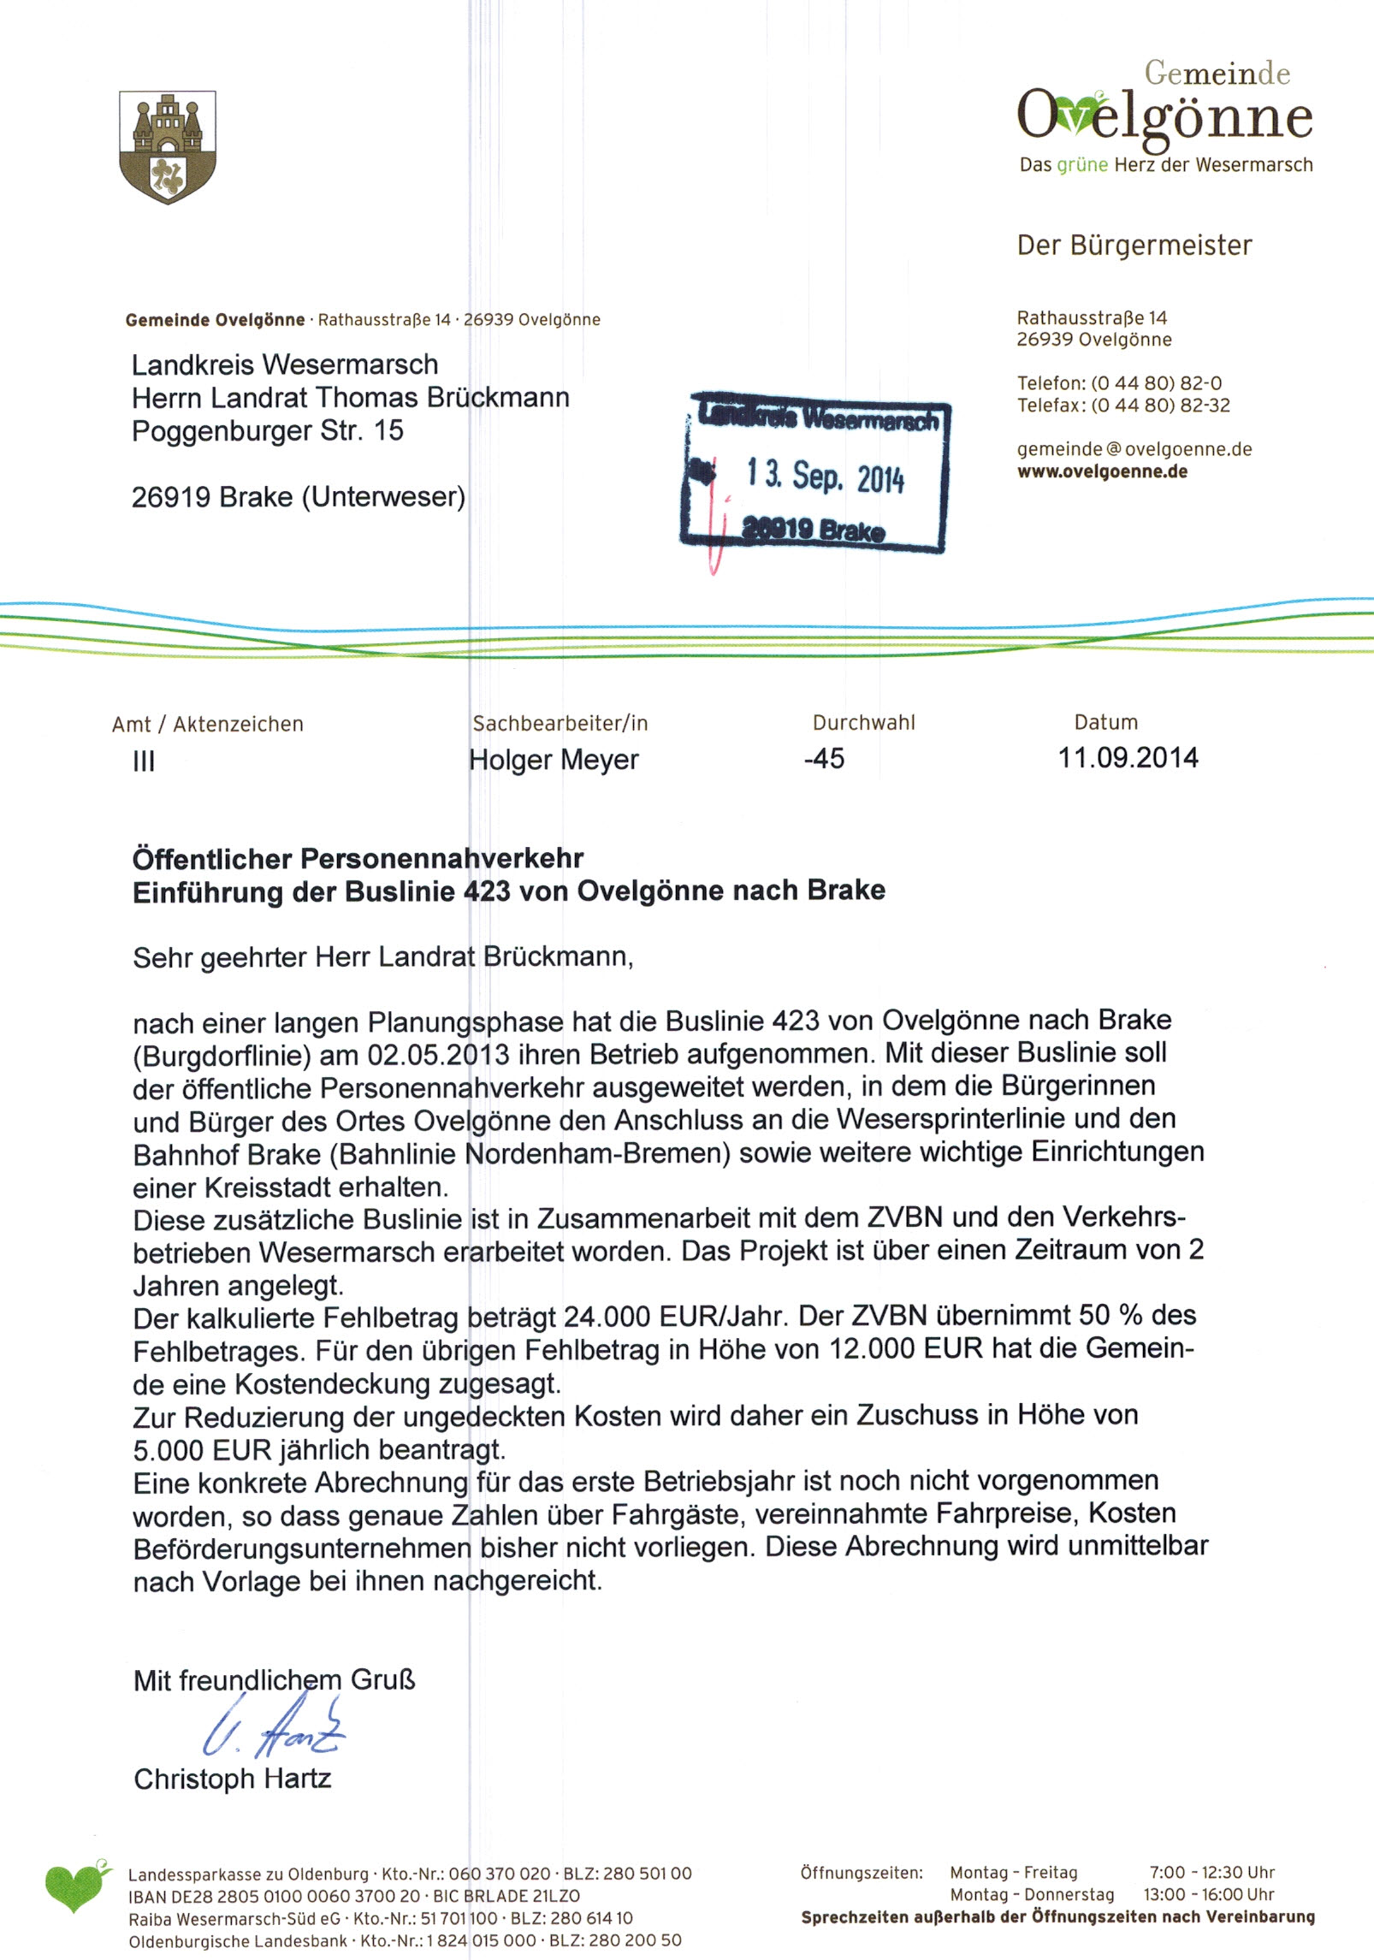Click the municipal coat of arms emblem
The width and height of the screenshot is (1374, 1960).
pos(168,147)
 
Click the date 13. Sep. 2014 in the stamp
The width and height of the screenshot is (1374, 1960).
pos(825,476)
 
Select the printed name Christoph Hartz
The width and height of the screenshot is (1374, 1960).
pos(232,1779)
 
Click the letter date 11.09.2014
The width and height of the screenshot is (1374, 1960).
pos(1128,758)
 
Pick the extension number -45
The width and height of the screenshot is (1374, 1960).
pos(824,759)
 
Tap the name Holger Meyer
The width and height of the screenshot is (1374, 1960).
pos(554,760)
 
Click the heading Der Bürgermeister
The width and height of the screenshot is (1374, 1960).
pos(1134,246)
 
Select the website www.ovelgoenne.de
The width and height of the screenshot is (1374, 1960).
pos(1102,471)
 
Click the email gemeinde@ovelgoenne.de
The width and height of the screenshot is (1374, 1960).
pos(1134,449)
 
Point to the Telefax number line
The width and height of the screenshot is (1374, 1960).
pos(1122,406)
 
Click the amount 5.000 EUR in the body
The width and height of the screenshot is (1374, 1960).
pos(202,1450)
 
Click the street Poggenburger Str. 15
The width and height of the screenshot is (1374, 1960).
pos(267,430)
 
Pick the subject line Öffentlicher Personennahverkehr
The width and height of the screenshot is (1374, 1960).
pos(358,858)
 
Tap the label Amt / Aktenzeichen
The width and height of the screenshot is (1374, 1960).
pos(207,725)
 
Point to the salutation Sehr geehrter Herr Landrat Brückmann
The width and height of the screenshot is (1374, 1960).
pos(382,956)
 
